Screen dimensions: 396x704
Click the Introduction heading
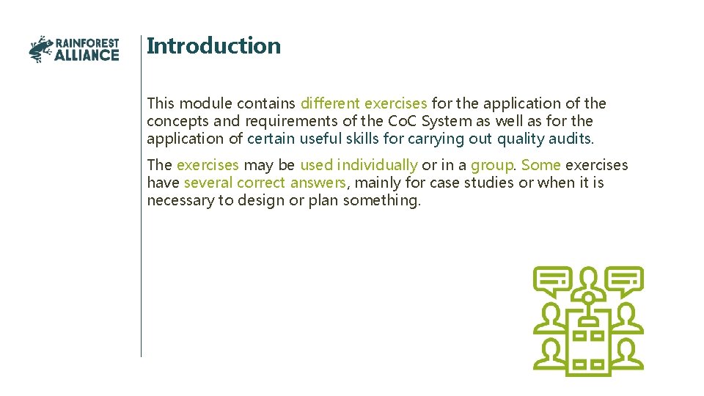coord(213,45)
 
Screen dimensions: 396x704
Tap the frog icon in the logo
coord(41,49)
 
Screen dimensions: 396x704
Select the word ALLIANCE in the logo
coord(87,55)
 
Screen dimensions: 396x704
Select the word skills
coord(360,139)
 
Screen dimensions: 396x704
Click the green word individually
coord(377,165)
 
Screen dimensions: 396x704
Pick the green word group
coord(492,165)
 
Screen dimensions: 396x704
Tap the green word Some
coord(540,165)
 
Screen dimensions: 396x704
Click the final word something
coord(382,200)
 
